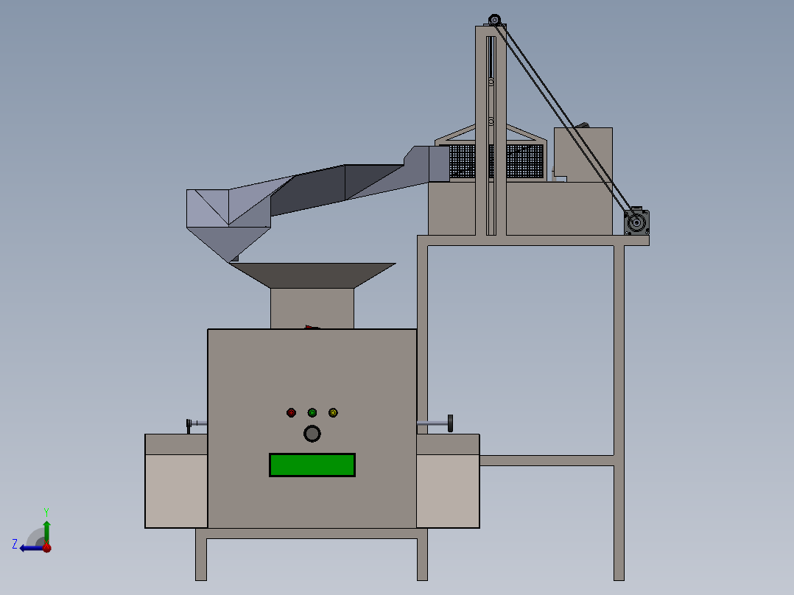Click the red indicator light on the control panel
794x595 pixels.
(x=291, y=412)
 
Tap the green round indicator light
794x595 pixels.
(x=312, y=412)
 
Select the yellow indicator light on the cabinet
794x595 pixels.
(x=333, y=412)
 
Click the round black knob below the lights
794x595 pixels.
(x=312, y=434)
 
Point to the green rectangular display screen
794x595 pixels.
(x=312, y=465)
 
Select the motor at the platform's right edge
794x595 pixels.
(x=636, y=222)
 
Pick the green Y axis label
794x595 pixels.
(x=46, y=511)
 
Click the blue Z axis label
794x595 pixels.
(x=15, y=543)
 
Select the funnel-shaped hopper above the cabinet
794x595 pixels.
(x=312, y=275)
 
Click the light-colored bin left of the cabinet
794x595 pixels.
(x=176, y=490)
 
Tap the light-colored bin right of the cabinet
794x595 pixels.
(x=448, y=490)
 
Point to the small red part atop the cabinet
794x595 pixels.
(x=312, y=327)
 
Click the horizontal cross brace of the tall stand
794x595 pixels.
(x=547, y=461)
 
